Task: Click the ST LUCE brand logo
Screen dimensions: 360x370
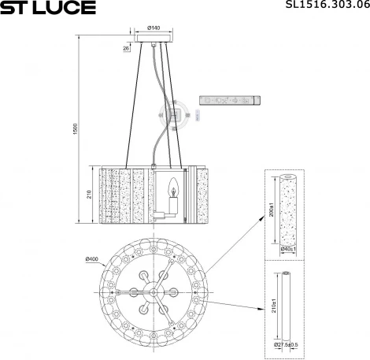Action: [48, 8]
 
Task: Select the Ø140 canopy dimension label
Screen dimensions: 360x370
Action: [154, 29]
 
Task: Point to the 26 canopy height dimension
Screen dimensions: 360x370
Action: [127, 48]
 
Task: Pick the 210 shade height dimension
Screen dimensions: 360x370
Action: [89, 195]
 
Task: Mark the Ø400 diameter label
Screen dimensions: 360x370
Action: [92, 259]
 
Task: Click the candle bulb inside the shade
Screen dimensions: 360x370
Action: [172, 188]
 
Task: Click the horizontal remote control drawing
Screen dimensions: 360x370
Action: [228, 102]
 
